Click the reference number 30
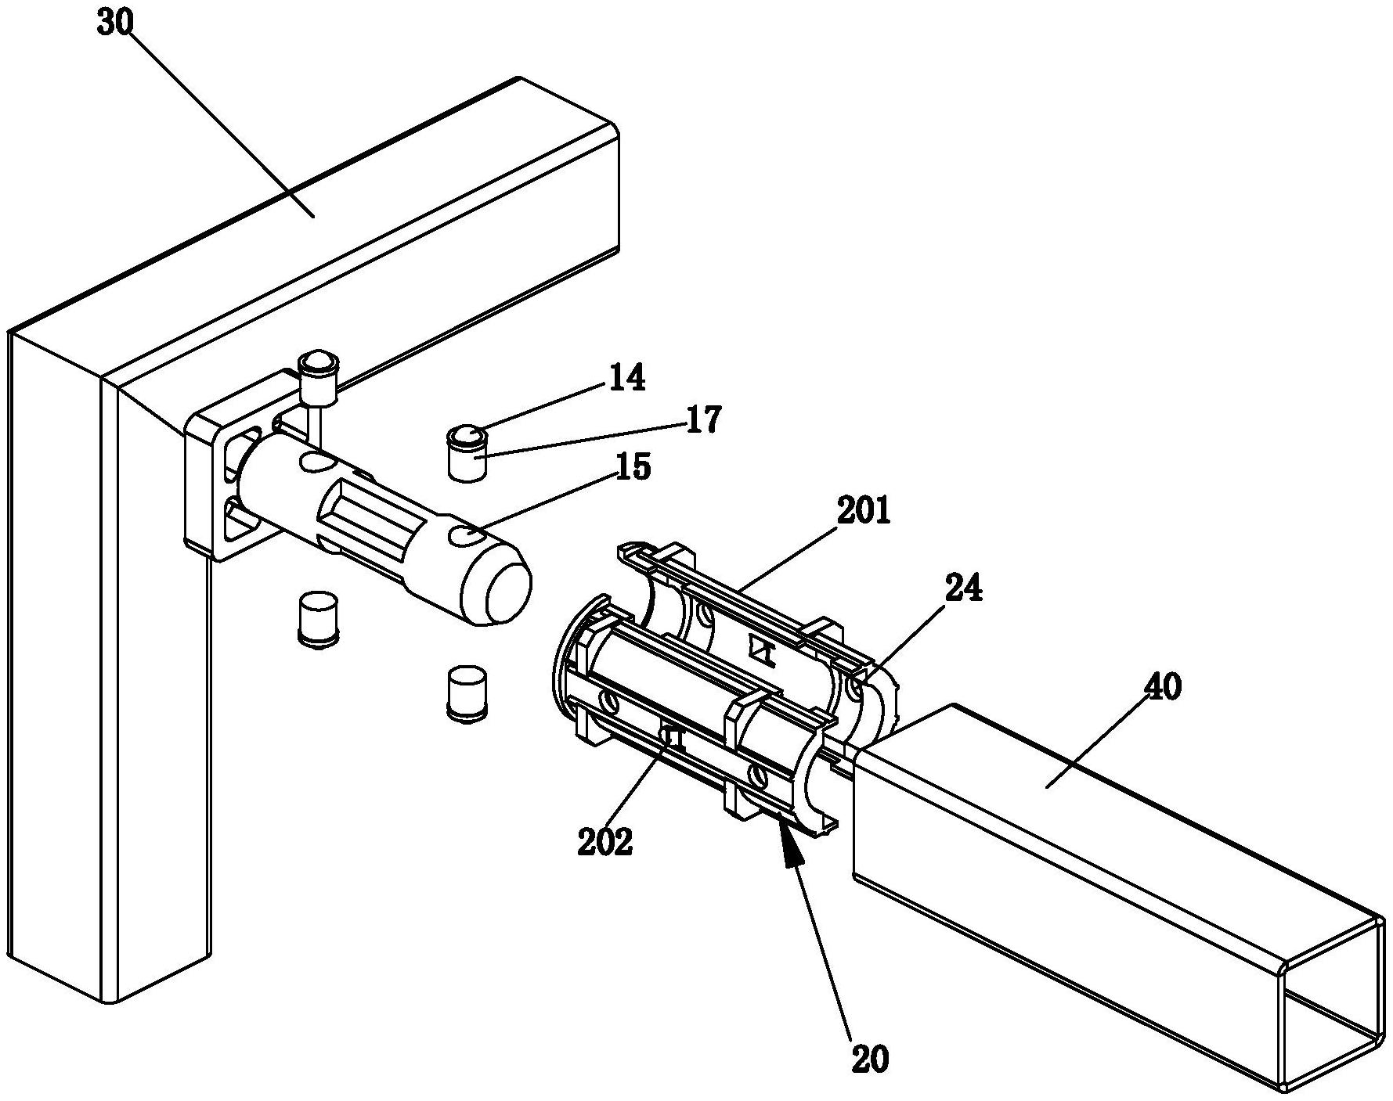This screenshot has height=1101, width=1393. pos(115,23)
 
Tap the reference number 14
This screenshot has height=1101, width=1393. pos(626,378)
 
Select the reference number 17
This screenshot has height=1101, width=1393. pos(703,420)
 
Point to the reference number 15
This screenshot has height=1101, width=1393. pos(633,468)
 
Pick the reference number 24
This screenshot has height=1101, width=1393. pos(963,589)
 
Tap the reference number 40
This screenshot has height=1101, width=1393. pos(1163,689)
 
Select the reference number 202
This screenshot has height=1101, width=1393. pos(604,842)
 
